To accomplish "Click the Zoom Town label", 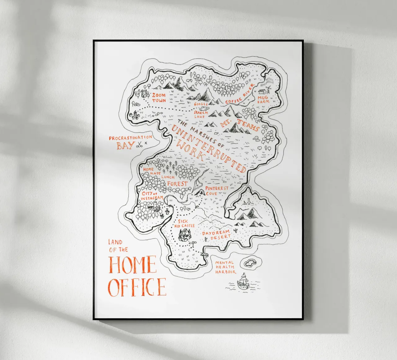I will (159, 97).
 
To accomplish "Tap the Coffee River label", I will (239, 94).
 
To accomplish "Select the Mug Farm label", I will (263, 99).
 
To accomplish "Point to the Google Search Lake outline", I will (204, 109).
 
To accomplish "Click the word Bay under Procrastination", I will (125, 145).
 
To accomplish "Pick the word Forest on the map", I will (177, 183).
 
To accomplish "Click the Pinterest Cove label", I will (216, 191).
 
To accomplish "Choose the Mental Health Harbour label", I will (225, 267).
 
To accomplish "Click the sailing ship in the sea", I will (243, 281).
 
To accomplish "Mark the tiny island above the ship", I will (250, 263).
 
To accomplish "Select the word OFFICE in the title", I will (137, 287).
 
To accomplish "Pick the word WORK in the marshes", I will (190, 151).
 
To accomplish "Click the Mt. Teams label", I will (239, 124).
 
